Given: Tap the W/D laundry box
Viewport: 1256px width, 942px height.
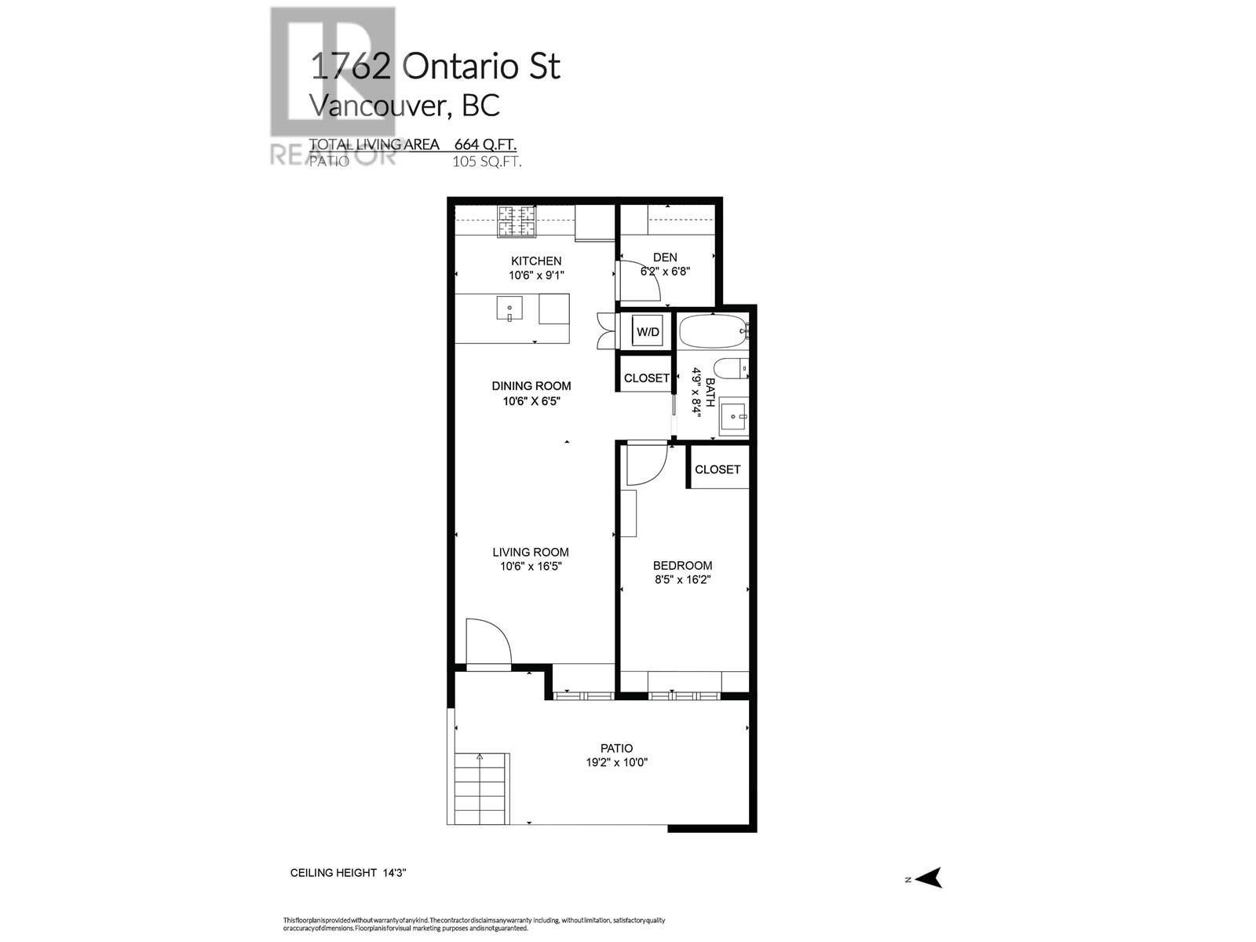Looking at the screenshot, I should [x=648, y=332].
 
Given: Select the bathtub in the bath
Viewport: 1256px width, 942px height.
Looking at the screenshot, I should [x=711, y=332].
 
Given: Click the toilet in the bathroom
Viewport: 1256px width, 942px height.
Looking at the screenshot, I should [x=731, y=369].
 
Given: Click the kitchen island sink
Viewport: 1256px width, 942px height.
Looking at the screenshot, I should [x=509, y=308].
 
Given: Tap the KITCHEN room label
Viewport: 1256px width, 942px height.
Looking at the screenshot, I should [x=536, y=261].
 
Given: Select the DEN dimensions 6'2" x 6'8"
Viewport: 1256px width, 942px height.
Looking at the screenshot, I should [x=665, y=272].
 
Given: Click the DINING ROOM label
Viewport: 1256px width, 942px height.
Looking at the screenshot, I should [x=531, y=385].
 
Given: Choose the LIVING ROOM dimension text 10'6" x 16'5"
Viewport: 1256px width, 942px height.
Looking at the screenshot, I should [x=531, y=566].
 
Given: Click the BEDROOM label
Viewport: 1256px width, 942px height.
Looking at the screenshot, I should [x=682, y=565].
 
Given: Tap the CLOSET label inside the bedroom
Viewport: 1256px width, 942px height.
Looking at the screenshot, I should [x=717, y=469].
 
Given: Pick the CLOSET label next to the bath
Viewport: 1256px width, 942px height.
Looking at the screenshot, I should [x=646, y=378].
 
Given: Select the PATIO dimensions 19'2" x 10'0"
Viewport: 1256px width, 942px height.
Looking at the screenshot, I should [x=617, y=762].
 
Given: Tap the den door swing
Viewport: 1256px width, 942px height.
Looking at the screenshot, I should [x=640, y=283].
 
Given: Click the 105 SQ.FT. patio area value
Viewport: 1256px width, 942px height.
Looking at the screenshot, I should [x=487, y=162].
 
